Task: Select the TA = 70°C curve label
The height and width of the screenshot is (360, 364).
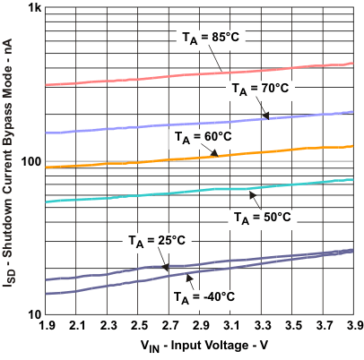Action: tap(261, 89)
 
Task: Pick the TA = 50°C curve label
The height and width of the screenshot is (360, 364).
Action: tap(261, 216)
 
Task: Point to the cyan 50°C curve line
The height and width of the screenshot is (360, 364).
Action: tap(134, 196)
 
